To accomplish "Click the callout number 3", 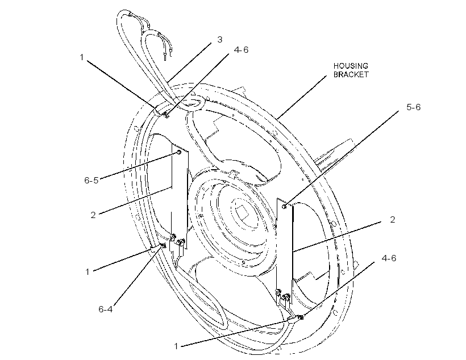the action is pos(219,40).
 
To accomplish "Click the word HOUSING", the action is pos(351,66).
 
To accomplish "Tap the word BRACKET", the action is pos(351,74).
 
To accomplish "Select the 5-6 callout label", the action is pos(413,107).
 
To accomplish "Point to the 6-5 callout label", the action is pos(91,181).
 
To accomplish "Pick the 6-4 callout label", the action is pos(106,309).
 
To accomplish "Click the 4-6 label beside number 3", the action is pos(241,50).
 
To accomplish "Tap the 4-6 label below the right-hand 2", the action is pos(389,258).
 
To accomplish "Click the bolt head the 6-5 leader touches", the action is pos(179,152).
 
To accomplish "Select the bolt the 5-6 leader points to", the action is pos(285,207).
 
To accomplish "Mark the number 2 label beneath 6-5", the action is pos(93,215).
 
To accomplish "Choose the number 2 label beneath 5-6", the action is pos(392,220).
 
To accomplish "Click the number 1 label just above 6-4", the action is pos(88,271).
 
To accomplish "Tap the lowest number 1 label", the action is pos(176,346).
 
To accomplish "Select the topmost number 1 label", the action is pos(82,57).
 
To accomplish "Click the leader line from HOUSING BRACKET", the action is pos(302,97).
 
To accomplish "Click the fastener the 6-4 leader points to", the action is pos(163,245).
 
